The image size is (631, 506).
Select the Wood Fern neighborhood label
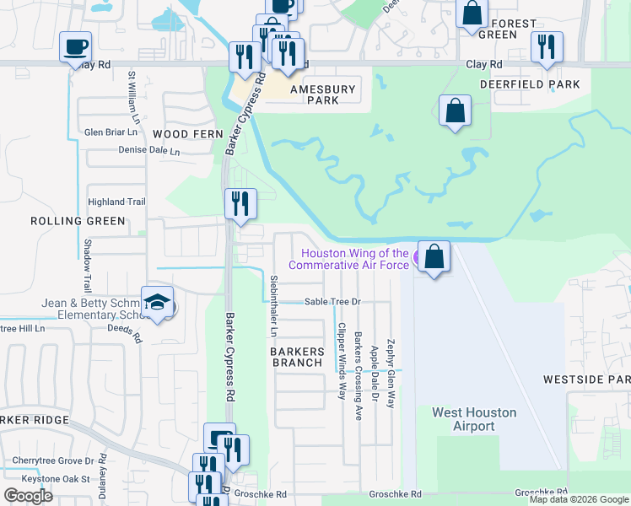(x=188, y=134)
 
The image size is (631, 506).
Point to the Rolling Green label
(x=78, y=221)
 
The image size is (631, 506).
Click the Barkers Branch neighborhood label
(x=297, y=357)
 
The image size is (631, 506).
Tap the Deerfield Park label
(x=530, y=84)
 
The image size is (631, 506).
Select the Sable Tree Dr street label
(x=332, y=301)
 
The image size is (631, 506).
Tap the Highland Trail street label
(x=117, y=202)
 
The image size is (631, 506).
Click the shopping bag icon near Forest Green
(x=472, y=13)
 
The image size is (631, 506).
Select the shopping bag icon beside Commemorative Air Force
(x=434, y=256)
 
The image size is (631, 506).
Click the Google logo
(x=28, y=496)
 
